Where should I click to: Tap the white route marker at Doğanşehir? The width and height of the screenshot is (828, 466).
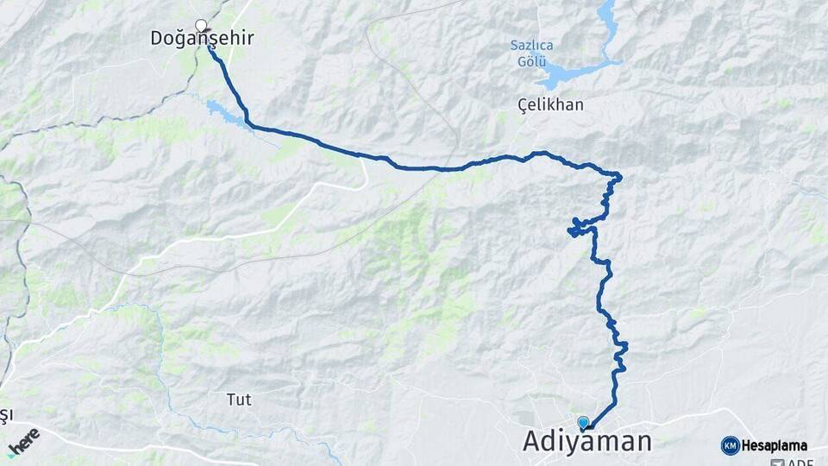201,25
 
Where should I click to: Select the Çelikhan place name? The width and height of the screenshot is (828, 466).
550,104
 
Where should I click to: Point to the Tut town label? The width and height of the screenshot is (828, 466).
238,400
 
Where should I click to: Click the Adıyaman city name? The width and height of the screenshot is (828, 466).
586,442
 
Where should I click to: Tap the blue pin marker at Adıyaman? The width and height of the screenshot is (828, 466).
583,423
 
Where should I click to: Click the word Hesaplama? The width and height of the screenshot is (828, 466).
775,445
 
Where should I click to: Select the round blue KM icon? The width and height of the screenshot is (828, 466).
730,445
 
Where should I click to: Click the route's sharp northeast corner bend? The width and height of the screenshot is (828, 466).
618,178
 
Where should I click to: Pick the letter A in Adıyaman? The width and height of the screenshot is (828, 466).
535,442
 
